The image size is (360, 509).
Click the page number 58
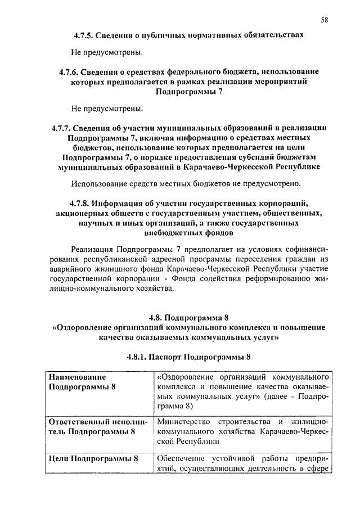[325, 20]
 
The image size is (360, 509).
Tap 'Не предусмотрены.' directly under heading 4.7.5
[107, 53]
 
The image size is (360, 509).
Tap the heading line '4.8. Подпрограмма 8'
[188, 317]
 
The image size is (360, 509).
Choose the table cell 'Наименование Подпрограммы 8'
[84, 381]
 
